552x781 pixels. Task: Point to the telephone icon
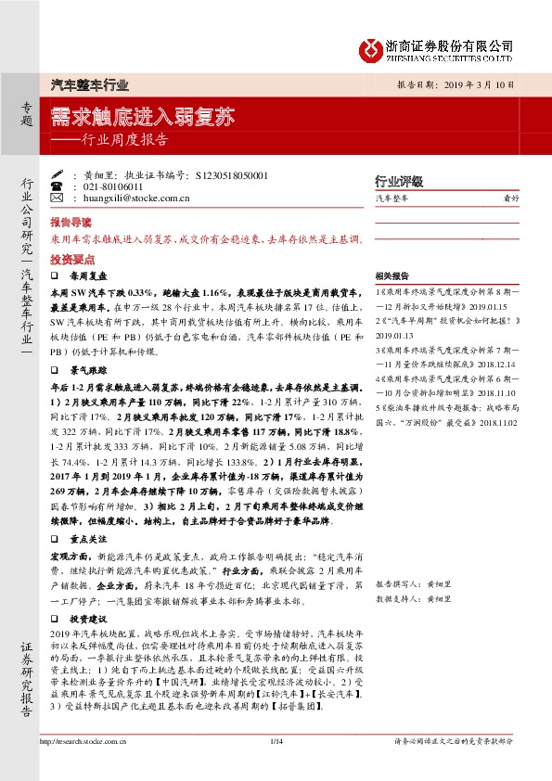point(57,186)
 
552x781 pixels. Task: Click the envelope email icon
point(57,198)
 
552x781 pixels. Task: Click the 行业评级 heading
point(398,181)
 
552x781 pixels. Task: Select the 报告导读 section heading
point(71,223)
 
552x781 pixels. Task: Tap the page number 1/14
point(276,740)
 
